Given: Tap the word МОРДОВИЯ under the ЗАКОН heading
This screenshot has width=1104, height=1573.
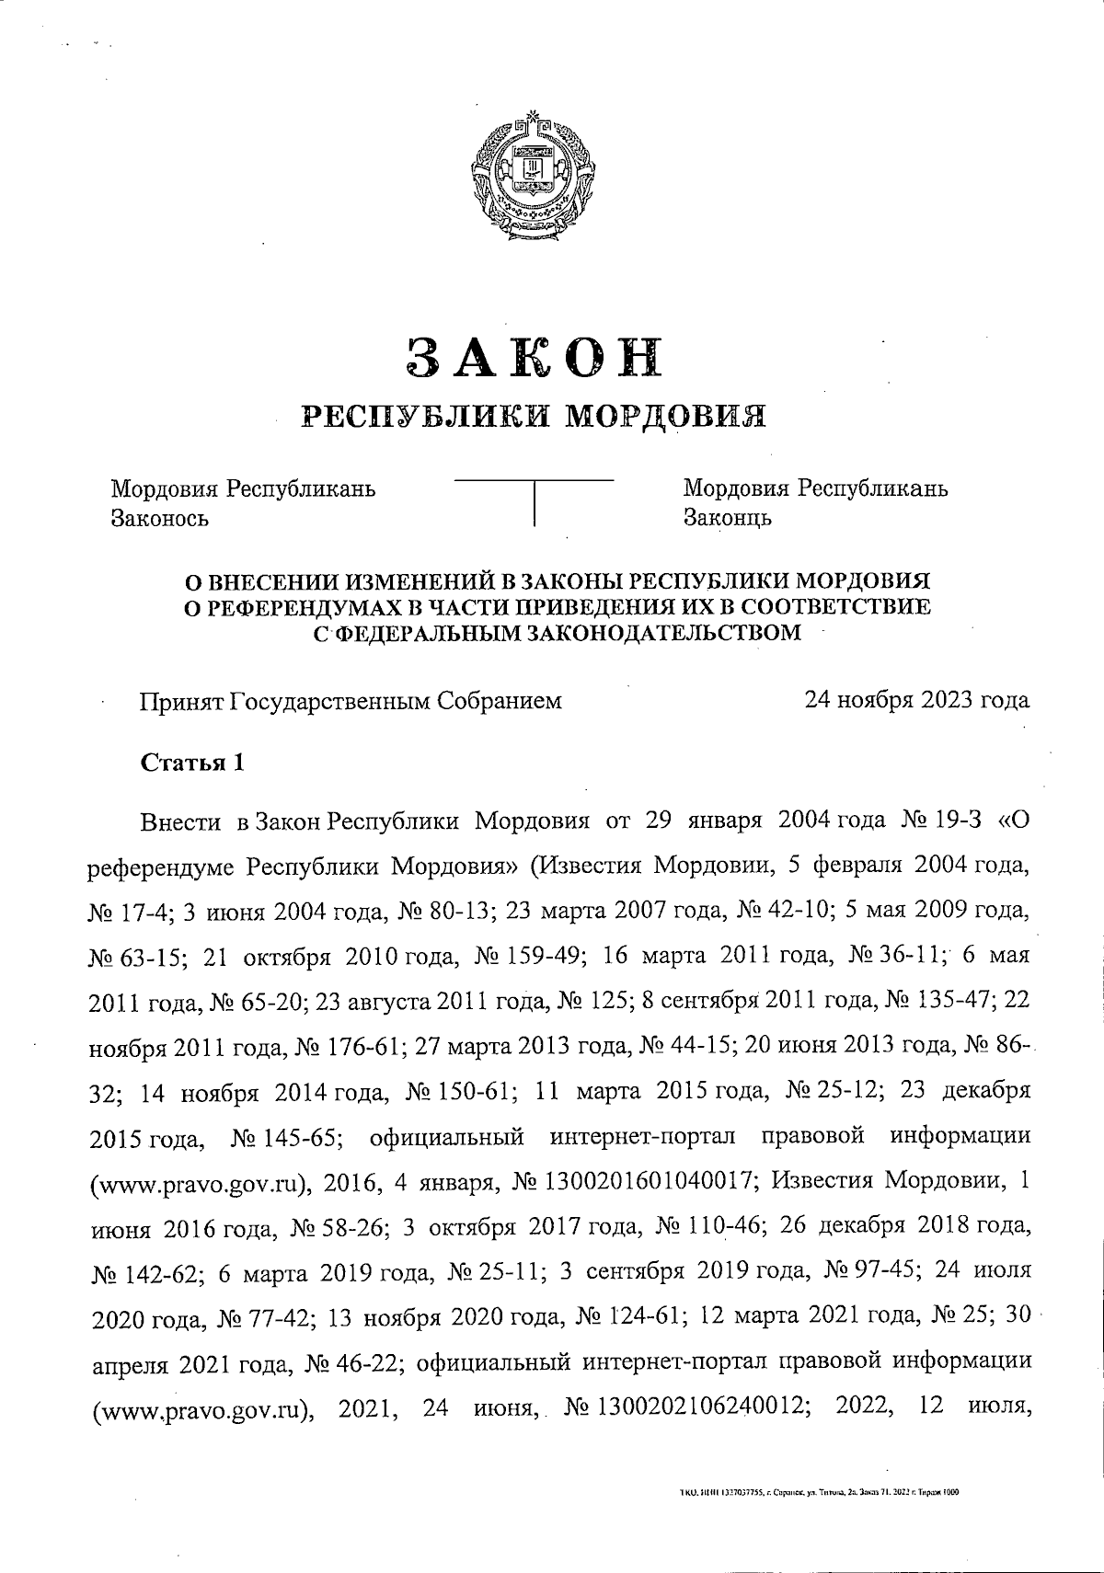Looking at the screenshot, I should [x=664, y=417].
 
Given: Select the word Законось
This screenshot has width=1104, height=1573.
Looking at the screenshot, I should [x=159, y=518].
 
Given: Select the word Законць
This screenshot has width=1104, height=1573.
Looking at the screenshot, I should [x=727, y=518].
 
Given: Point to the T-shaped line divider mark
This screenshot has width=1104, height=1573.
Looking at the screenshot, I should [x=535, y=498].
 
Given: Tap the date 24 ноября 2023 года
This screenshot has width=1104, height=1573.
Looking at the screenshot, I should [x=916, y=701].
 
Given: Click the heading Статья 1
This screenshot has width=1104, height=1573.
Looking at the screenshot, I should [x=192, y=763].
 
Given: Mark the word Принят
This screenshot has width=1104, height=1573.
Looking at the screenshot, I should [x=181, y=702].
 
